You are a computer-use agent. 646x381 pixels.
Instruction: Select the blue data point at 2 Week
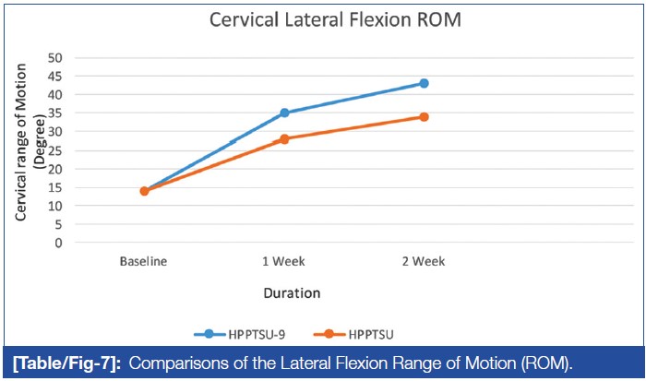click(424, 83)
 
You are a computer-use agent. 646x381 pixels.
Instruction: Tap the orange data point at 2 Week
click(424, 116)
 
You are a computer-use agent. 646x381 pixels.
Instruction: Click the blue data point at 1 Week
click(284, 113)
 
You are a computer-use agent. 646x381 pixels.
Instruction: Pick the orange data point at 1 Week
click(284, 138)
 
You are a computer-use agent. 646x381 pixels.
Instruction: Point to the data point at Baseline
click(144, 191)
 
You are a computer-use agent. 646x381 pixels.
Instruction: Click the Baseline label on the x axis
click(144, 261)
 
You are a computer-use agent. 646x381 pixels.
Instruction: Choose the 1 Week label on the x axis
click(284, 261)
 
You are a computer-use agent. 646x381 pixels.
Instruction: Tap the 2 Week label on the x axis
click(424, 261)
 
